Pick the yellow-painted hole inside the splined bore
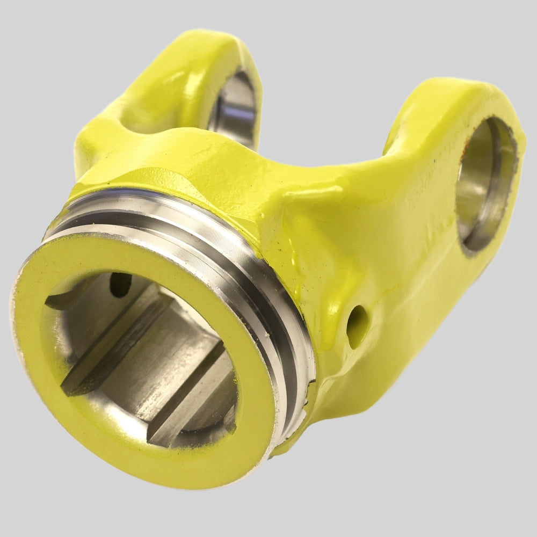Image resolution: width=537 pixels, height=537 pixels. (119, 284)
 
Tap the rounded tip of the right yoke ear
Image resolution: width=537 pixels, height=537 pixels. (473, 97)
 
